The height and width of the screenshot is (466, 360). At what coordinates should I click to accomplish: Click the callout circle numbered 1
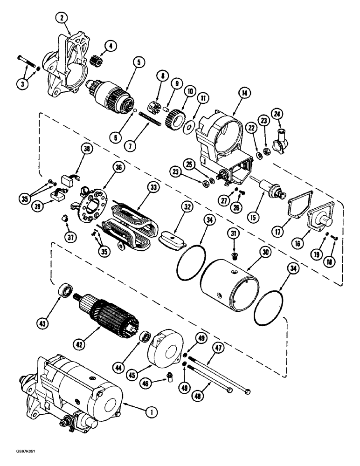click(150, 411)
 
